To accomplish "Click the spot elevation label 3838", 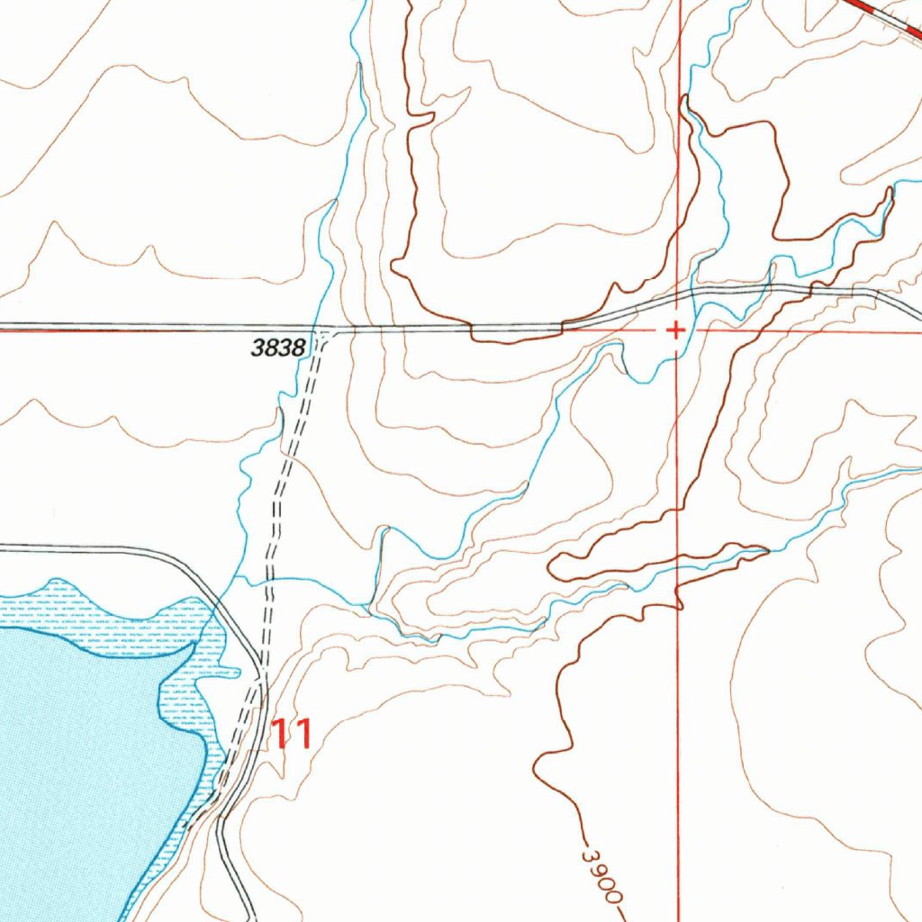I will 279,347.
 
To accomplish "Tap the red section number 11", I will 294,734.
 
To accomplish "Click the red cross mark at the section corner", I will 674,330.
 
